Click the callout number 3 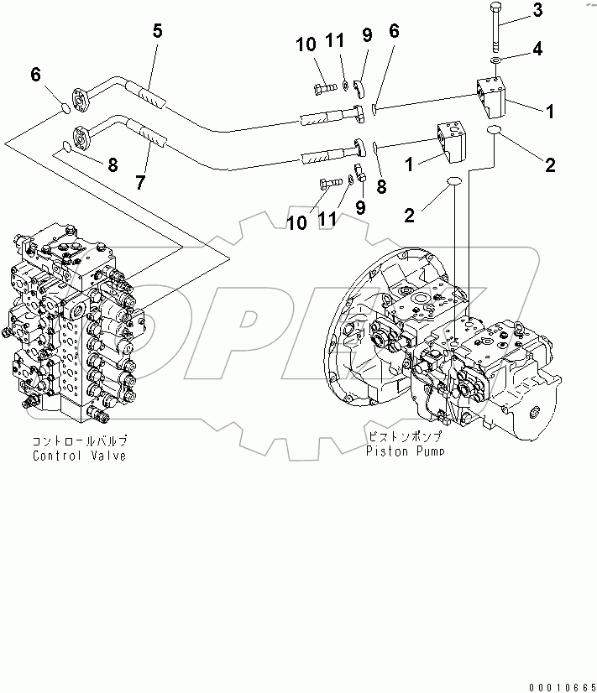pos(537,11)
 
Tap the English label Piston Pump pos(405,451)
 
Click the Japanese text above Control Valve pos(81,441)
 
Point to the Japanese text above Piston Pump pos(405,437)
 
